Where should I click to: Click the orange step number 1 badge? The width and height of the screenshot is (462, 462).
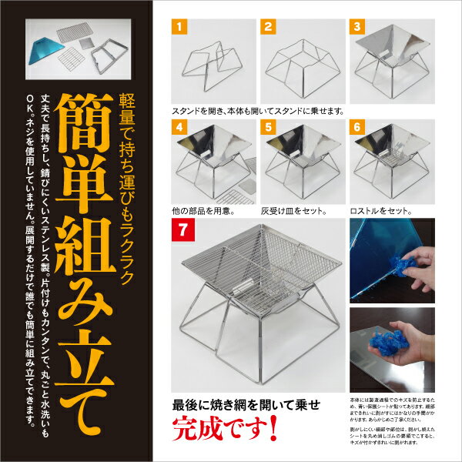[178, 27]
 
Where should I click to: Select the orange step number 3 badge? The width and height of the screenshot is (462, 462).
[358, 27]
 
